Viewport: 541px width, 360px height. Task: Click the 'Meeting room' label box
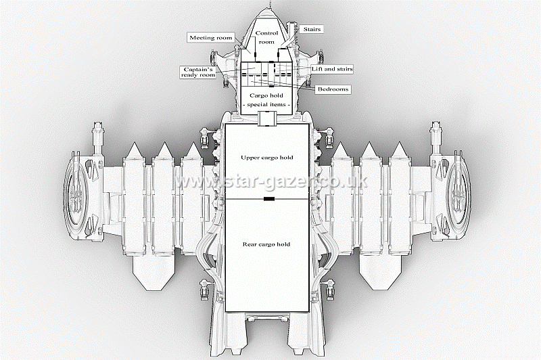(x=211, y=38)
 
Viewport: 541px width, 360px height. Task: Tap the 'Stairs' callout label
(x=312, y=29)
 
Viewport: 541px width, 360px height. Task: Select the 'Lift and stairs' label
(x=331, y=69)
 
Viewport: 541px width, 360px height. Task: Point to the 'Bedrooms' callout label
(x=333, y=89)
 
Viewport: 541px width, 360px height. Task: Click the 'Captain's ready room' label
(x=198, y=72)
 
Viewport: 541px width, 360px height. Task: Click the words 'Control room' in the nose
(x=266, y=37)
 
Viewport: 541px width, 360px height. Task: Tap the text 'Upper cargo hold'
(x=267, y=158)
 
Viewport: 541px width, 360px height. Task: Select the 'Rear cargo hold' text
(x=267, y=244)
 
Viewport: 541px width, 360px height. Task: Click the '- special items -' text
(x=267, y=106)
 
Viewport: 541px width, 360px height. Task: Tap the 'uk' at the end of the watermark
(x=358, y=181)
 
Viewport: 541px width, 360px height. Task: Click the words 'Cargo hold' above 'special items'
(x=266, y=96)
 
